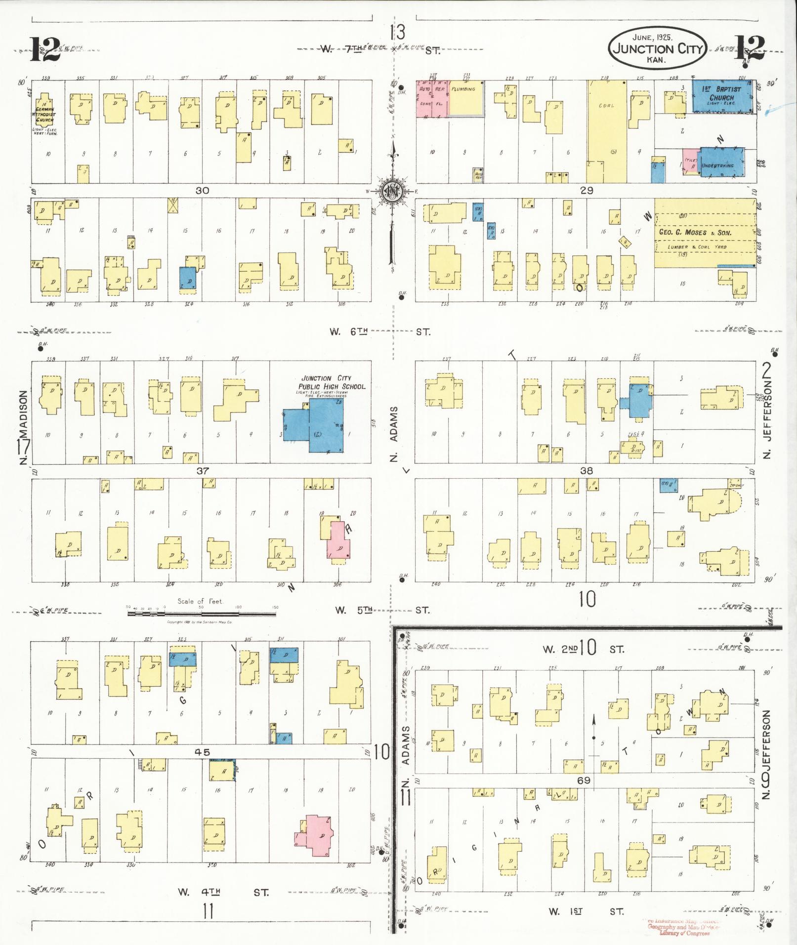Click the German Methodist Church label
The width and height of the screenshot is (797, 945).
tap(44, 114)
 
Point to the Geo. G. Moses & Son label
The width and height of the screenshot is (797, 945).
tap(702, 232)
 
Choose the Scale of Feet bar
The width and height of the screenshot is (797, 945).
tap(201, 614)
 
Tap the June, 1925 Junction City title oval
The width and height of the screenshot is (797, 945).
tap(658, 48)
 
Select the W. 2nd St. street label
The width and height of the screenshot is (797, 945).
tap(583, 649)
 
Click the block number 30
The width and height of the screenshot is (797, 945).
tap(202, 190)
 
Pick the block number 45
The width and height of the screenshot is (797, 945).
tap(202, 752)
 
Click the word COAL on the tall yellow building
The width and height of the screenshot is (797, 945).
tap(606, 106)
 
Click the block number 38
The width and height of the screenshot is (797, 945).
tap(586, 471)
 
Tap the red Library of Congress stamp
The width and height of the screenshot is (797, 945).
tap(684, 927)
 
